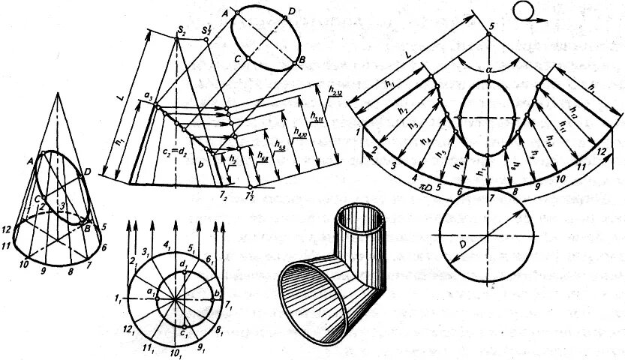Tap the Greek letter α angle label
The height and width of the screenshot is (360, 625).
(488, 69)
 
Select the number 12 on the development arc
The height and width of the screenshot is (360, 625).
(599, 152)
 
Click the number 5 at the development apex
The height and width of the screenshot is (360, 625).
(492, 27)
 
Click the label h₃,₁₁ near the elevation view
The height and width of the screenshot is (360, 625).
(316, 114)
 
